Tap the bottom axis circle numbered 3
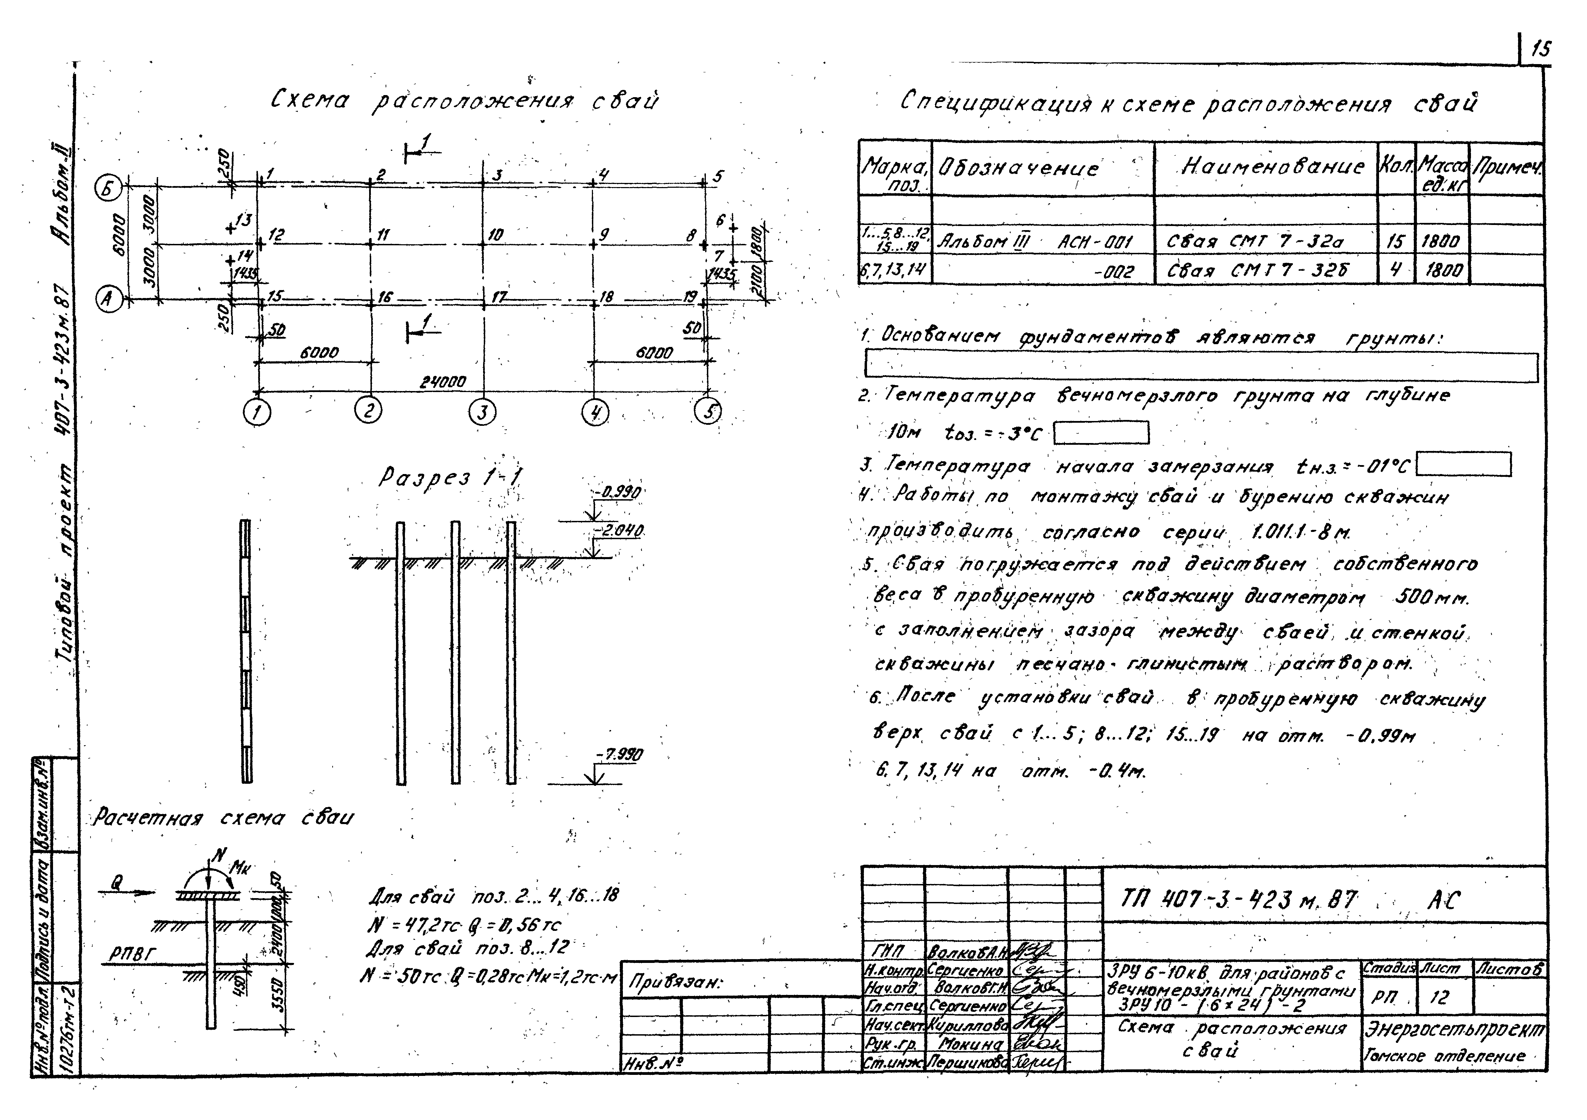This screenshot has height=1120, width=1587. [482, 412]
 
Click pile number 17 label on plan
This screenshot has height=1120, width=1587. [498, 297]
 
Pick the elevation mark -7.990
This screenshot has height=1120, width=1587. [620, 755]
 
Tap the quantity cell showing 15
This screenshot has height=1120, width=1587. [1395, 241]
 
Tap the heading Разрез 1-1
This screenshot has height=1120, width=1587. [451, 477]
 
